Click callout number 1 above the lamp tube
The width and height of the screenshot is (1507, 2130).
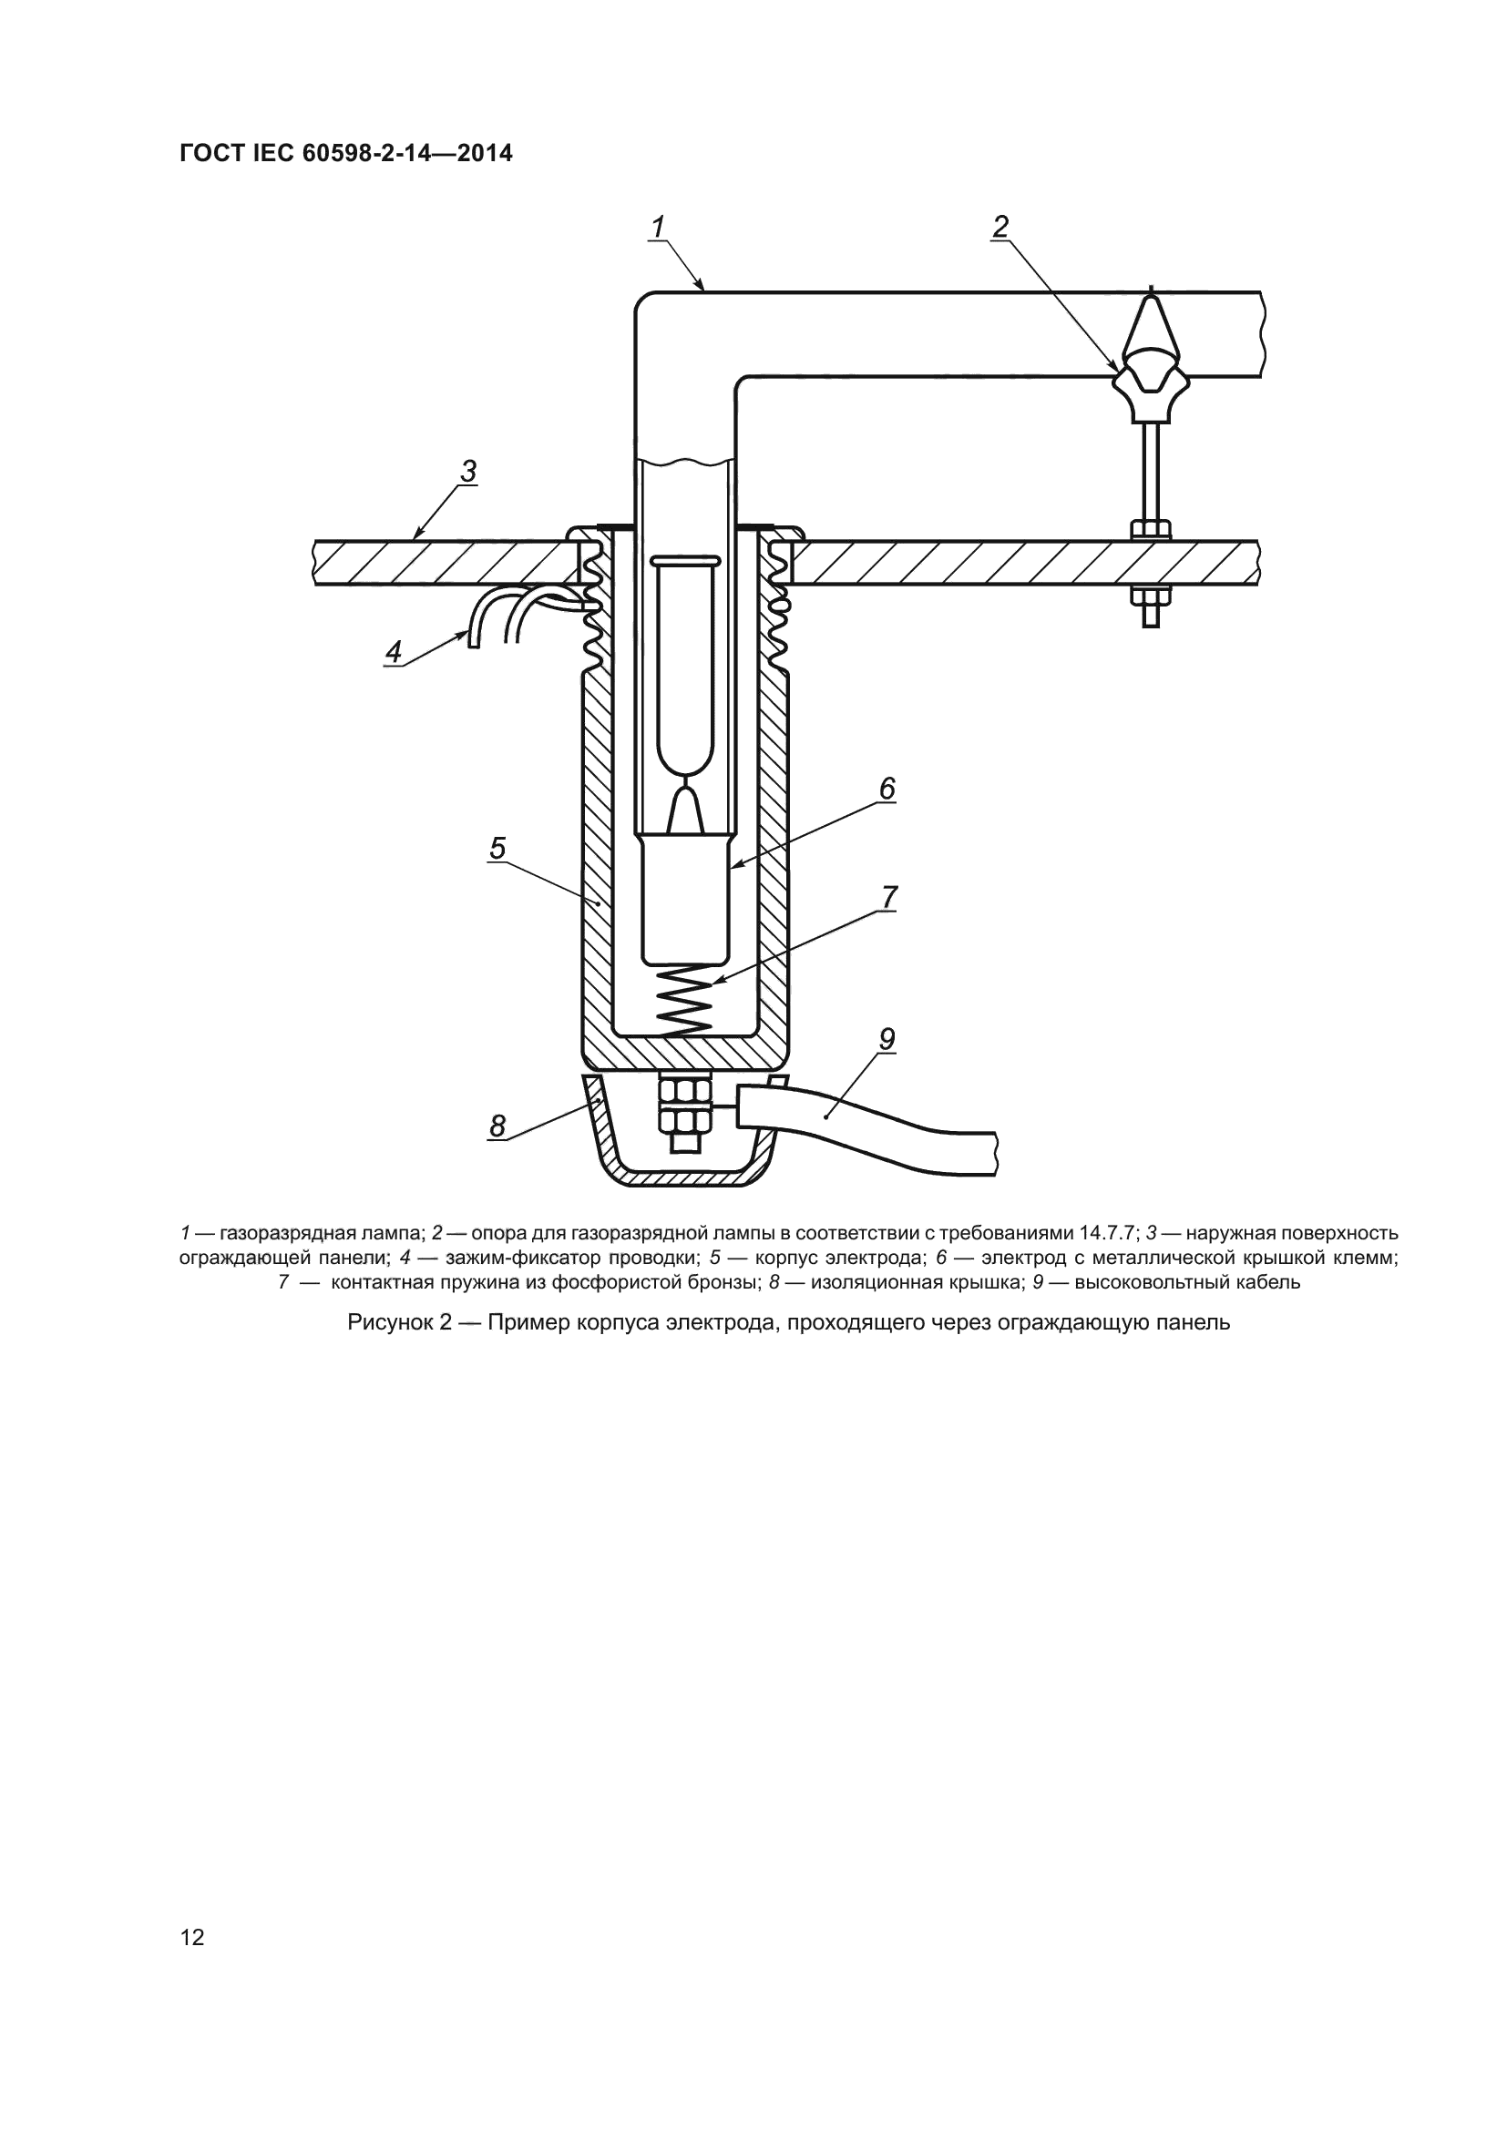coord(658,227)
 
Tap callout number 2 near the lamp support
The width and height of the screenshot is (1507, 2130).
coord(1000,227)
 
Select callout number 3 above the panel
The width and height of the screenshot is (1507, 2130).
coord(468,473)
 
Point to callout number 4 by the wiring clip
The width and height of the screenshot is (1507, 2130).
coord(394,652)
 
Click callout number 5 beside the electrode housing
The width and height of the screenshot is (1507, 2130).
coord(497,848)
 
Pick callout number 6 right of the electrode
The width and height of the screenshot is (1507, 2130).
coord(887,789)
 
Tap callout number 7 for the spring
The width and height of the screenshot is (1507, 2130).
coord(889,897)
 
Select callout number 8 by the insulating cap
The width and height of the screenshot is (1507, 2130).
coord(497,1126)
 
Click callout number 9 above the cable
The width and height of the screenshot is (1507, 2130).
coord(887,1040)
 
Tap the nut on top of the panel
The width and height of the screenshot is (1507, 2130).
coord(1150,530)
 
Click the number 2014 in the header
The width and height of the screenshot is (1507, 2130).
coord(484,153)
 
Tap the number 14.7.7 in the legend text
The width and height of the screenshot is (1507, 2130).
coord(1108,1234)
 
